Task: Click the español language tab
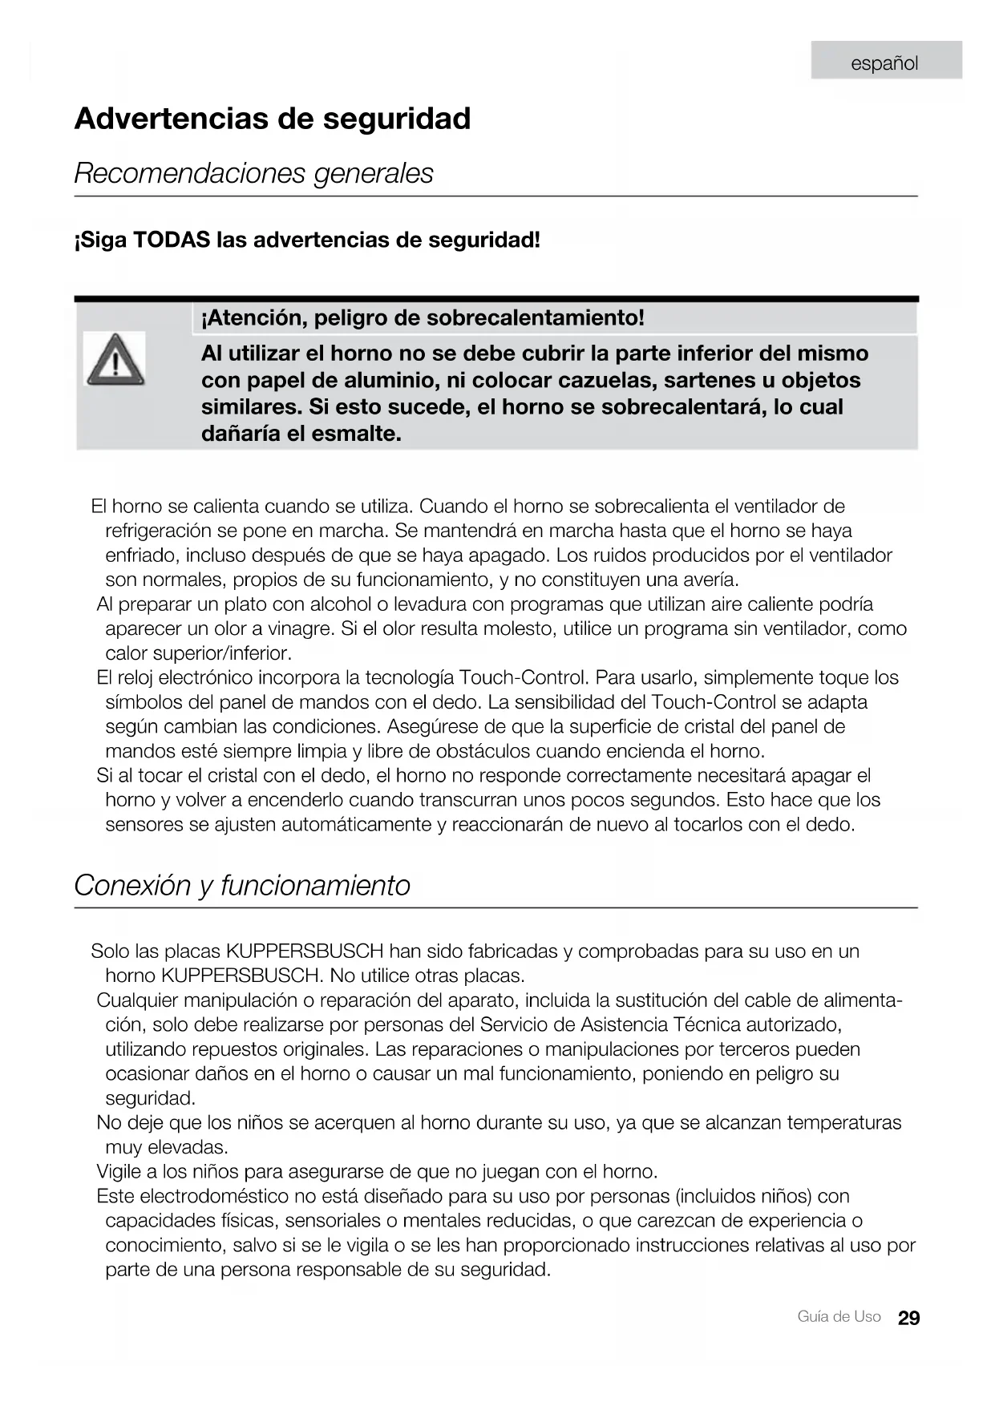coord(884,63)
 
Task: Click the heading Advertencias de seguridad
coord(273,119)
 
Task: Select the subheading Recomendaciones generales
coord(253,173)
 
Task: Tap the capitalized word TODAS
coord(172,240)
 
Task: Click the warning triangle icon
coord(115,359)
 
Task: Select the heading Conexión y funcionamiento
coord(242,886)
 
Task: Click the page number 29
coord(908,1319)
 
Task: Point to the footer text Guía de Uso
coord(839,1317)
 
